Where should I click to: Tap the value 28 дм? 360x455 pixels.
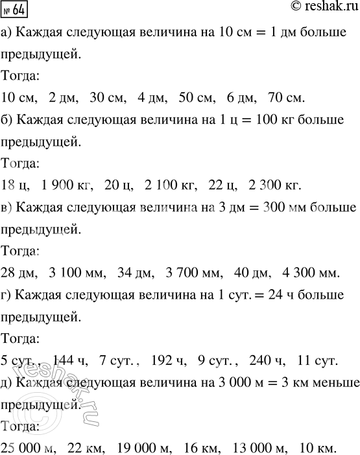[18, 275]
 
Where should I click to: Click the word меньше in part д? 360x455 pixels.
[331, 384]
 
